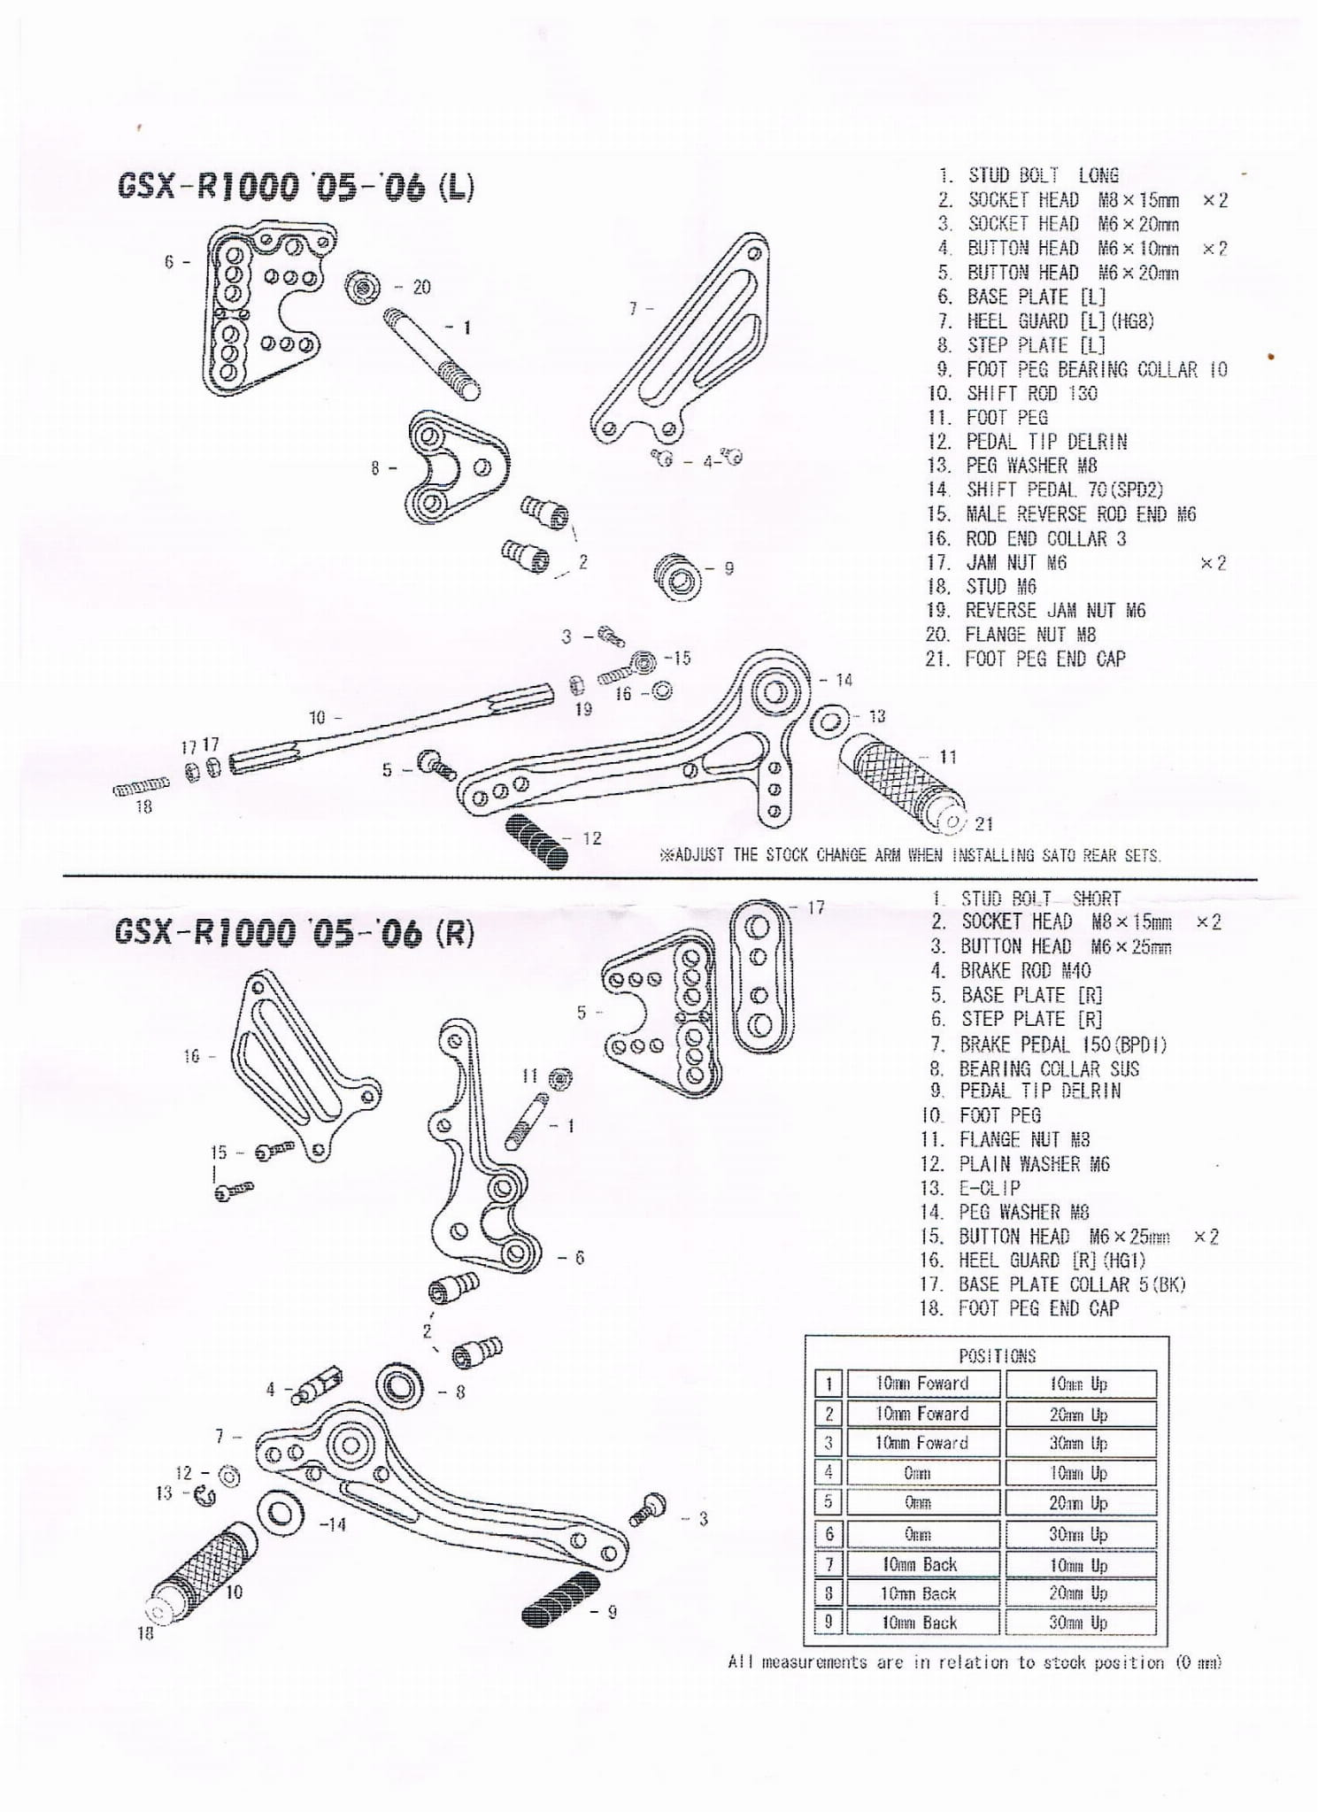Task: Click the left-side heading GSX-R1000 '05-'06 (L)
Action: (296, 187)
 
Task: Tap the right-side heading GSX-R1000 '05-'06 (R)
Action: (294, 932)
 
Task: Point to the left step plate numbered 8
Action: (456, 466)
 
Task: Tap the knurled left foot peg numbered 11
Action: (898, 783)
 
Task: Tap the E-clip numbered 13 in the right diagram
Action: (205, 1495)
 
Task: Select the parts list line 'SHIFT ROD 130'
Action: (1031, 393)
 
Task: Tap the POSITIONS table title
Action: (997, 1355)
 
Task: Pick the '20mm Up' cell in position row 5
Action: (1078, 1502)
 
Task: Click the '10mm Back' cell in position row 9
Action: (920, 1623)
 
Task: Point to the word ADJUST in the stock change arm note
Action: (698, 855)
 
